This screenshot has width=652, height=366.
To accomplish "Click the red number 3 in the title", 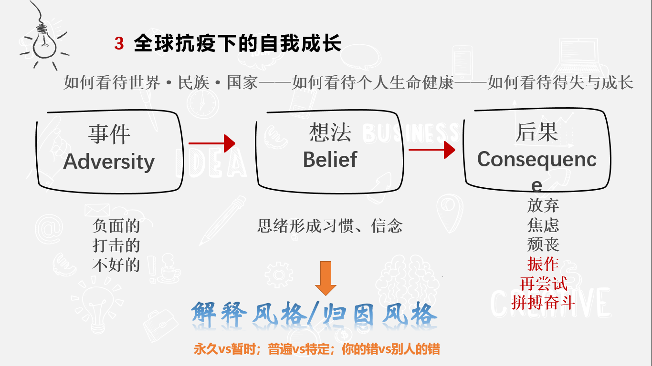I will (x=119, y=44).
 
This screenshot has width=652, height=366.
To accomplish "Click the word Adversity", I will (x=109, y=161).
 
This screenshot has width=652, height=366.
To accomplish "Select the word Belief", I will (x=330, y=159).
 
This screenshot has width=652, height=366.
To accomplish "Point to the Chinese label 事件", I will (x=109, y=134).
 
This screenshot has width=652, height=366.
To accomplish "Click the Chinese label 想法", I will (x=330, y=132).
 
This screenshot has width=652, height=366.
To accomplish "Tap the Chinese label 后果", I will (x=536, y=132).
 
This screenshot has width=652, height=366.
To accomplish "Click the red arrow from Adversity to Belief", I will (x=212, y=143).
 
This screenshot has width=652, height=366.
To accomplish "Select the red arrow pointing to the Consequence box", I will (x=432, y=150).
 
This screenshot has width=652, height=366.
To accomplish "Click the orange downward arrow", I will (x=326, y=278).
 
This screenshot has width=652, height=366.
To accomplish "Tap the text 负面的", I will (x=116, y=225).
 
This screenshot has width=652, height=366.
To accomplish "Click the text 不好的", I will (x=116, y=264).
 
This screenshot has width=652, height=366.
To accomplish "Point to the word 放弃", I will (x=543, y=205).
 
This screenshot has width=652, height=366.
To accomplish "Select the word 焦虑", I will (x=543, y=225).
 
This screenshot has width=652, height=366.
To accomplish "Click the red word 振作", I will (x=543, y=264).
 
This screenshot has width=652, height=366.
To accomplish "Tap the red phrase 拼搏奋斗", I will (x=543, y=303).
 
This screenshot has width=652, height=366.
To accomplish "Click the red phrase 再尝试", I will (x=543, y=284).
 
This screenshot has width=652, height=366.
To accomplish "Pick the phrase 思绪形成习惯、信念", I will (x=330, y=225).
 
